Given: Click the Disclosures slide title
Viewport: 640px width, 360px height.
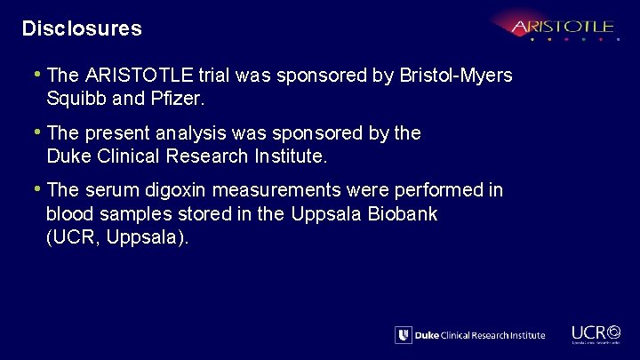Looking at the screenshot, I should coord(82,28).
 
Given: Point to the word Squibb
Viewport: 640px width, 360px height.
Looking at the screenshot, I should coord(76,100).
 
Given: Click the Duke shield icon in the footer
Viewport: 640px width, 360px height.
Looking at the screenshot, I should coord(404,335).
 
